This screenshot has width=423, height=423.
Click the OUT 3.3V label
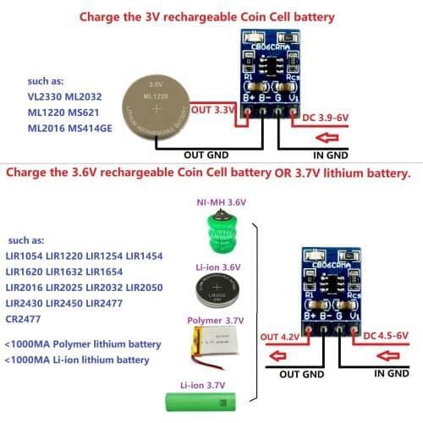213,110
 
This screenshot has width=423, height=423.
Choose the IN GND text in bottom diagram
392,372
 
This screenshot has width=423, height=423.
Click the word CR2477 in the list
22,319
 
